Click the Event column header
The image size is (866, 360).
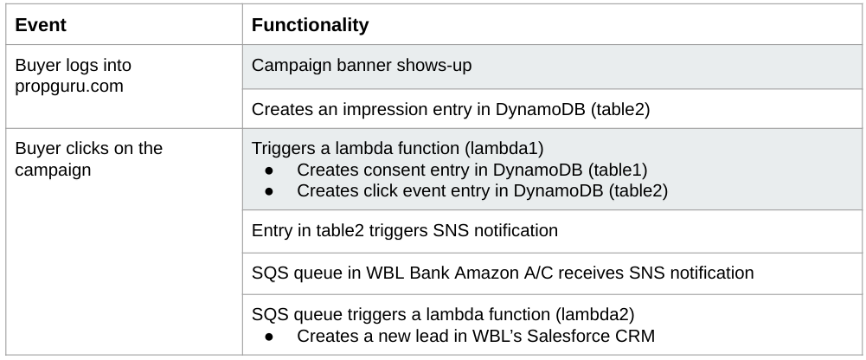point(41,25)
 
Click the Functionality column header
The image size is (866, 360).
point(310,25)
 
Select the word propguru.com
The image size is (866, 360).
point(69,87)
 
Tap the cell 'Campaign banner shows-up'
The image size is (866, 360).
point(362,66)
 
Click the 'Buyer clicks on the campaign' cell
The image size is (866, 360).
point(88,158)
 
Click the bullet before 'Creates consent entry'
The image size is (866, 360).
point(270,170)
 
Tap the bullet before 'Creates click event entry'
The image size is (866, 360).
point(270,190)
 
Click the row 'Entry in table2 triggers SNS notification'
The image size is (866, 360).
point(404,231)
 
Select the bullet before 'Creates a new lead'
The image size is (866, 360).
point(270,335)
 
